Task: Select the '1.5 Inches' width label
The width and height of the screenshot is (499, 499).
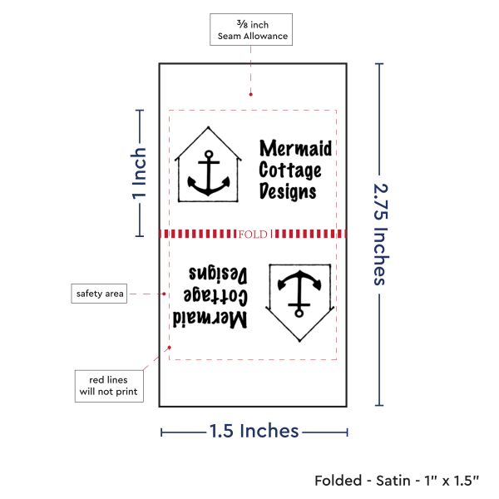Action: click(254, 431)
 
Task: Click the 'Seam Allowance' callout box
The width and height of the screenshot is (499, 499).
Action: click(252, 30)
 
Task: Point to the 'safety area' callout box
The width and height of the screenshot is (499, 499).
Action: click(99, 294)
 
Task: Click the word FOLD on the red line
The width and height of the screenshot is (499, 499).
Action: click(253, 235)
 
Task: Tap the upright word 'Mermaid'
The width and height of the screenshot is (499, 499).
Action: click(295, 149)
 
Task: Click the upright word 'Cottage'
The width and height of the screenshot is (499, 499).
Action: click(289, 170)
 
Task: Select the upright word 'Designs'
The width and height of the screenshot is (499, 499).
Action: click(288, 191)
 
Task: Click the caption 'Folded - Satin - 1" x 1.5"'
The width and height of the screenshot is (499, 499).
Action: click(397, 481)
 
